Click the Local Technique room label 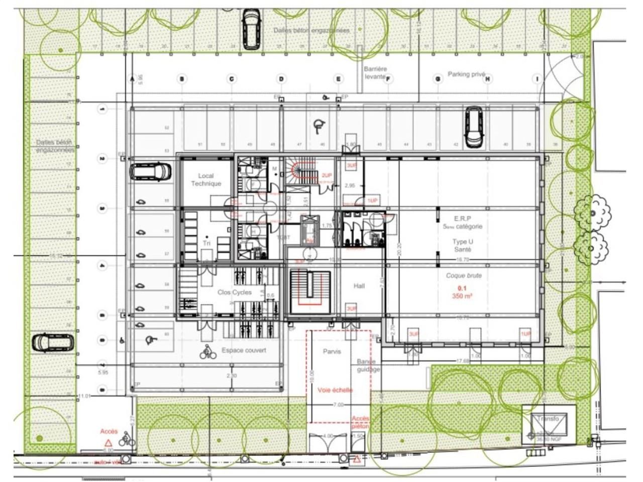[x=206, y=180]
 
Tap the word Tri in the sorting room [x=206, y=243]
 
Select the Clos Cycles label [x=235, y=292]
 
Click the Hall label [x=359, y=286]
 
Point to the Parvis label [x=332, y=351]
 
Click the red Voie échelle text [x=335, y=390]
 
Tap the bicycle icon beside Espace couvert [x=208, y=352]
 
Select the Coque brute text [x=464, y=276]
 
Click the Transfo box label [x=547, y=419]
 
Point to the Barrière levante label [x=375, y=73]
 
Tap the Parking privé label [x=467, y=74]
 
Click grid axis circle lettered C [x=232, y=79]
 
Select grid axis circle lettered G [x=438, y=79]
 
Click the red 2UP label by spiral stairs [x=327, y=175]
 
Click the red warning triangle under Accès [x=108, y=443]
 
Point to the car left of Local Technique [x=150, y=171]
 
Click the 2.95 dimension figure [x=350, y=185]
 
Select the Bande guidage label [x=368, y=366]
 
